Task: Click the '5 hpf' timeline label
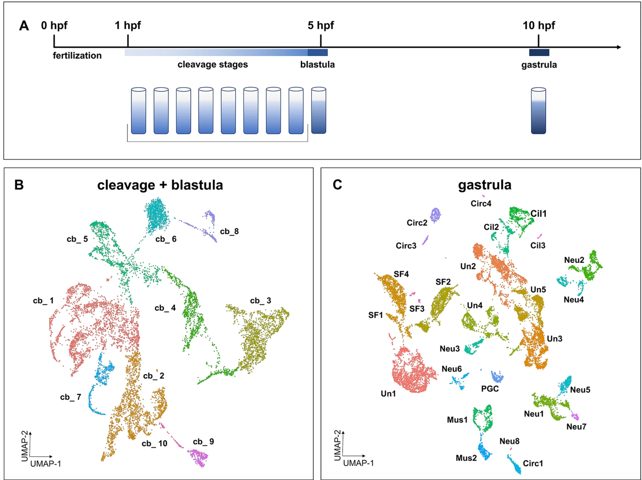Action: pyautogui.click(x=320, y=25)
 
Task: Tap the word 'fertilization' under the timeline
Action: pyautogui.click(x=77, y=56)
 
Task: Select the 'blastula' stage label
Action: pyautogui.click(x=317, y=65)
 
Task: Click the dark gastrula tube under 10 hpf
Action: pyautogui.click(x=538, y=111)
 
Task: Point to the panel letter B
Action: pyautogui.click(x=19, y=185)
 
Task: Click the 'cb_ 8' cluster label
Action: pyautogui.click(x=229, y=231)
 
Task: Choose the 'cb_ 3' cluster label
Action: pyautogui.click(x=261, y=301)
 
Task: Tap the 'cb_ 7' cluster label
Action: pyautogui.click(x=71, y=397)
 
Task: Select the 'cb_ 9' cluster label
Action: pyautogui.click(x=203, y=441)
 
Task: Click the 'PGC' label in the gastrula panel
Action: pyautogui.click(x=490, y=389)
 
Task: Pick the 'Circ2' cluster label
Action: pyautogui.click(x=417, y=223)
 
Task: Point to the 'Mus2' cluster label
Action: pyautogui.click(x=466, y=458)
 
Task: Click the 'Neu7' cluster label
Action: pyautogui.click(x=576, y=426)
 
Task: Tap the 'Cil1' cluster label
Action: pyautogui.click(x=538, y=214)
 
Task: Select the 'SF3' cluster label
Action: pyautogui.click(x=417, y=309)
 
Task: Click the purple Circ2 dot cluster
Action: pyautogui.click(x=435, y=215)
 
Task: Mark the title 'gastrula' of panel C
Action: pyautogui.click(x=484, y=185)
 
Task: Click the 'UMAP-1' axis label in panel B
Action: pyautogui.click(x=46, y=464)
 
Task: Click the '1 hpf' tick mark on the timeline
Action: pyautogui.click(x=128, y=41)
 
